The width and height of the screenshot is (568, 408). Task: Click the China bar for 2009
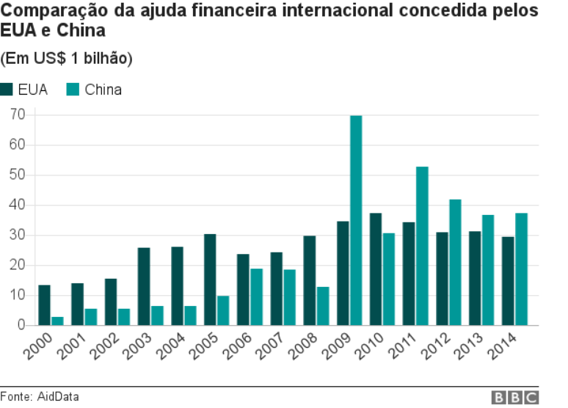pyautogui.click(x=356, y=220)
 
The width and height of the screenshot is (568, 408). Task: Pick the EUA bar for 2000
pyautogui.click(x=44, y=305)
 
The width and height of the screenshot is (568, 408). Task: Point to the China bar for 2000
pyautogui.click(x=57, y=321)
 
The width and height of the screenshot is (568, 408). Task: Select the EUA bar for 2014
pyautogui.click(x=508, y=280)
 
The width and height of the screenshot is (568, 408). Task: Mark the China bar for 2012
pyautogui.click(x=455, y=262)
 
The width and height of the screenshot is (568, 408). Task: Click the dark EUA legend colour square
pyautogui.click(x=7, y=90)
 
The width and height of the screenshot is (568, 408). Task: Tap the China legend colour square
pyautogui.click(x=73, y=90)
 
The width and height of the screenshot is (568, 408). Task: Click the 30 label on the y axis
pyautogui.click(x=18, y=235)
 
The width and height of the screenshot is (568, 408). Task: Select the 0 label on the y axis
pyautogui.click(x=21, y=325)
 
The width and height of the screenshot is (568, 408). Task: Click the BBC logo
pyautogui.click(x=514, y=397)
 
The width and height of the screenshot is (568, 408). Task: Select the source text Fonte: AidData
pyautogui.click(x=39, y=397)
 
